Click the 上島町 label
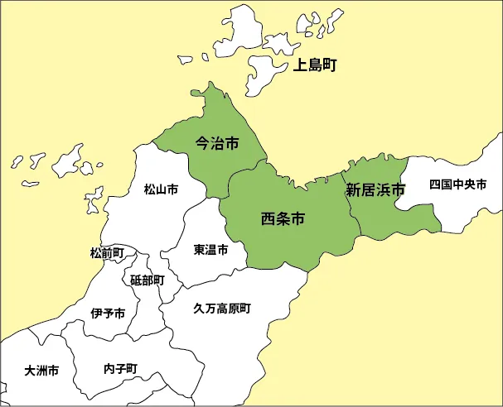[x=315, y=65]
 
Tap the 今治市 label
[x=217, y=143]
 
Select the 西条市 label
[x=283, y=219]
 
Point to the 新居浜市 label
[x=375, y=189]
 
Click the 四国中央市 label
[x=458, y=184]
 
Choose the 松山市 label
[x=161, y=189]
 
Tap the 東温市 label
[x=210, y=249]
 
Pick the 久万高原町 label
[x=222, y=308]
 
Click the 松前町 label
[x=107, y=252]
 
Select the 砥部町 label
[x=148, y=280]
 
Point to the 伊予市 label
[x=108, y=314]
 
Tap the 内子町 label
[x=121, y=368]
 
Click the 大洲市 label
[x=41, y=371]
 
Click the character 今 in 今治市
[x=202, y=143]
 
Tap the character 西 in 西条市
[x=268, y=219]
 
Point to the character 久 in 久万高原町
[x=199, y=308]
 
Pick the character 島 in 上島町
[x=315, y=65]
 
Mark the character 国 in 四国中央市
[x=447, y=184]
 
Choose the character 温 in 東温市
[x=210, y=249]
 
